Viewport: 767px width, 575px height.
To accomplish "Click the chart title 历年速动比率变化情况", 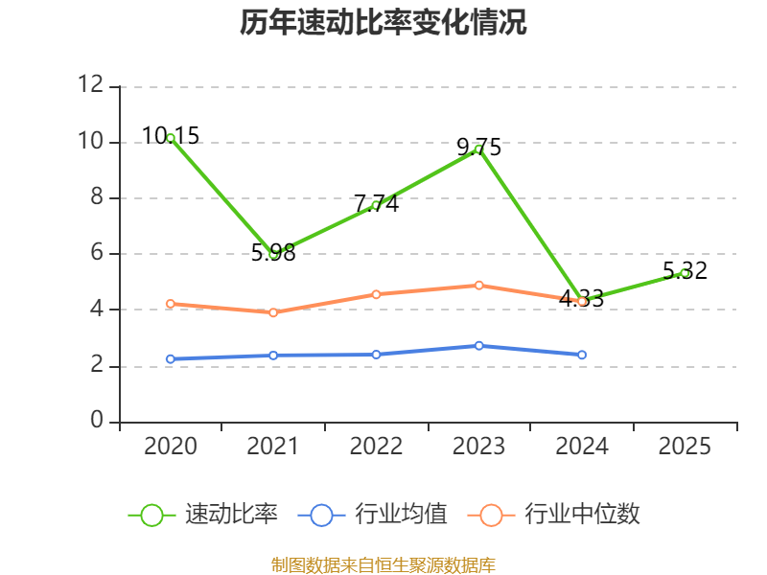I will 383,23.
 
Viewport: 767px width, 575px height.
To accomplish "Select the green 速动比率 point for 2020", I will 171,138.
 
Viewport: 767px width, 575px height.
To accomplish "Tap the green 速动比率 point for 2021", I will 273,254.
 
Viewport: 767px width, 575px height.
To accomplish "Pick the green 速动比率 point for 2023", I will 478,149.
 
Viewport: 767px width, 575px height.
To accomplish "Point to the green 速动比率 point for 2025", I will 685,273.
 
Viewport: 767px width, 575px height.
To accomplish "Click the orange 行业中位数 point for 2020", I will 171,304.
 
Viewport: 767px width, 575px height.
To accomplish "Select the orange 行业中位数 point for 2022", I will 376,294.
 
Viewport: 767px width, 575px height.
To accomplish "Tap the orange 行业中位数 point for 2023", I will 478,285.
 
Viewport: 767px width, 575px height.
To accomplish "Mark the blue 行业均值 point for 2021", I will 273,356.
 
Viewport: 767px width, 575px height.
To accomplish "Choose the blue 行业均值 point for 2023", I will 478,345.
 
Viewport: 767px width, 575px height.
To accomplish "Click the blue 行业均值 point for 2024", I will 582,355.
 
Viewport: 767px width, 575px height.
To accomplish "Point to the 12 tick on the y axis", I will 90,85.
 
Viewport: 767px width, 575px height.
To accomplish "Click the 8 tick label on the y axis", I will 95,197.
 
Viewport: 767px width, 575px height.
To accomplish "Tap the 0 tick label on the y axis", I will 95,421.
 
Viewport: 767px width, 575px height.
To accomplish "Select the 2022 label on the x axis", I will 376,447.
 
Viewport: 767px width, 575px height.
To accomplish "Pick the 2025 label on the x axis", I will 685,447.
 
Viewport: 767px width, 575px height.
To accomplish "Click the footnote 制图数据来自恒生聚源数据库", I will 383,564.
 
